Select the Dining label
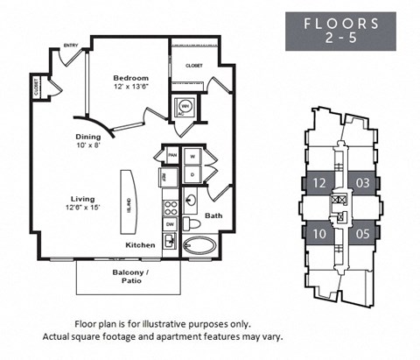87,137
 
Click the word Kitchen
140,245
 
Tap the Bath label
213,215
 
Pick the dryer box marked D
192,176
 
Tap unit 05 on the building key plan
361,234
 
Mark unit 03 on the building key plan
361,183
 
